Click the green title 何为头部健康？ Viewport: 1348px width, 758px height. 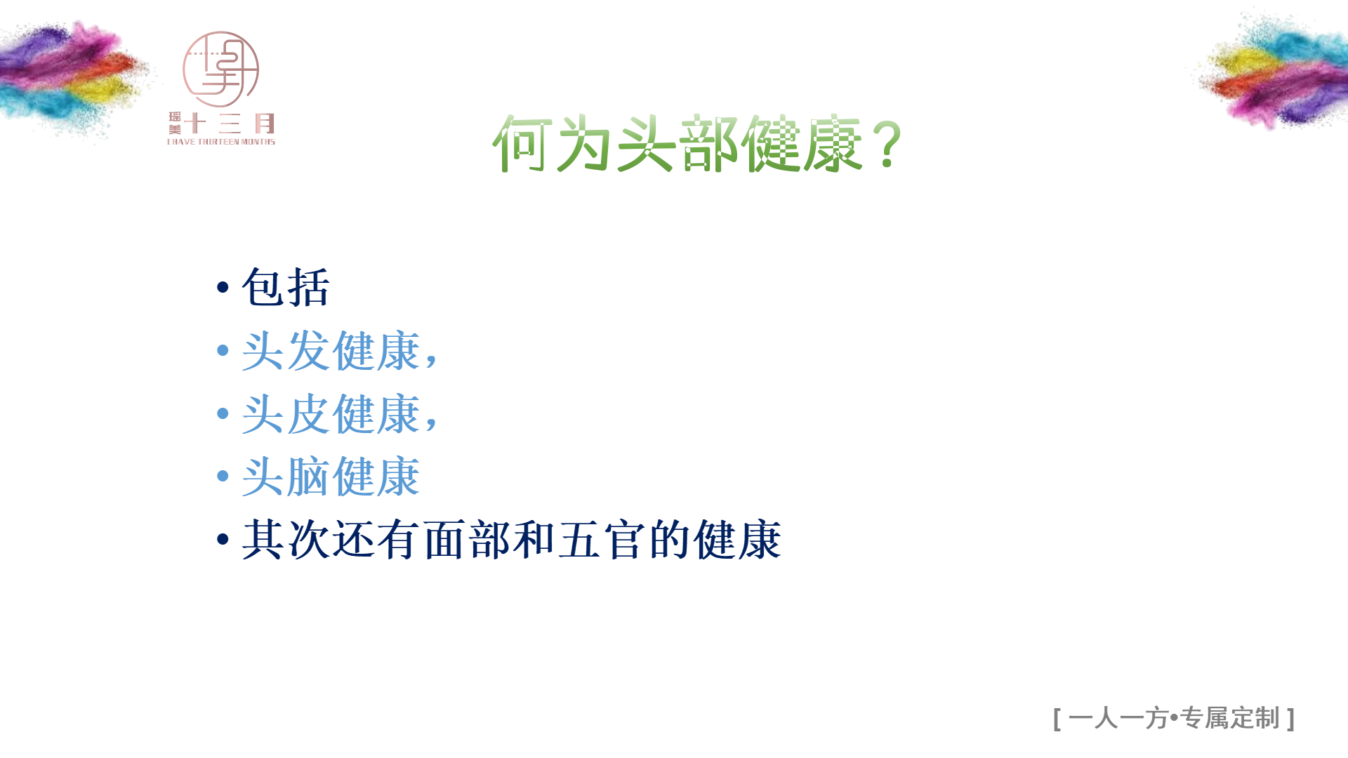pyautogui.click(x=697, y=144)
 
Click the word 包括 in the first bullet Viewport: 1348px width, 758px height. pyautogui.click(x=286, y=287)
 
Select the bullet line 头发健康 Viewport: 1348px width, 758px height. pyautogui.click(x=340, y=350)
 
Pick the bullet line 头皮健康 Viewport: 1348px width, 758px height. pyautogui.click(x=340, y=413)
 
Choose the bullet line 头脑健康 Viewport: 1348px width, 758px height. pyautogui.click(x=331, y=477)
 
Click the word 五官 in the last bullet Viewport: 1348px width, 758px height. pyautogui.click(x=602, y=540)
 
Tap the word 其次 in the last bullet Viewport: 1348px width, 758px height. pyautogui.click(x=286, y=540)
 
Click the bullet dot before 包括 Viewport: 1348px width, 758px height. pyautogui.click(x=223, y=286)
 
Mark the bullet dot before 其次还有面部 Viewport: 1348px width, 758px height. pyautogui.click(x=223, y=539)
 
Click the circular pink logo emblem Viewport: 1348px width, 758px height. pyautogui.click(x=220, y=69)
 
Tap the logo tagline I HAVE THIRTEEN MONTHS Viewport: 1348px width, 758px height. pyautogui.click(x=221, y=142)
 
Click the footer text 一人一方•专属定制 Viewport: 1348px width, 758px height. pyautogui.click(x=1174, y=718)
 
